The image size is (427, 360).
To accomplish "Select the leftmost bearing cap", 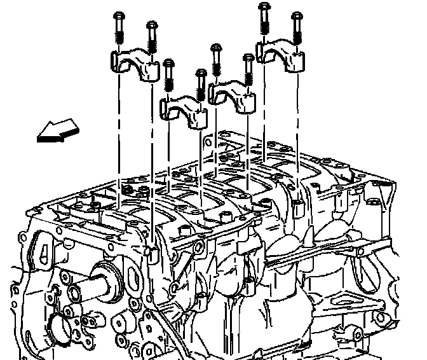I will [x=134, y=64].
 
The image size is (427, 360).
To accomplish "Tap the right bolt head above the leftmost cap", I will [x=152, y=26].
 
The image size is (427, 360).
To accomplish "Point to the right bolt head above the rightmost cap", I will [x=295, y=15].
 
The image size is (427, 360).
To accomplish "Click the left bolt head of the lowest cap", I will [x=168, y=64].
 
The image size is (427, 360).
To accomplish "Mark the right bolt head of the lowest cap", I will [x=201, y=74].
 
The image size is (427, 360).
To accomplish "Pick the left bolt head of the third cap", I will [x=216, y=48].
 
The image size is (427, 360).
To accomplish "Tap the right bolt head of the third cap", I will [x=248, y=59].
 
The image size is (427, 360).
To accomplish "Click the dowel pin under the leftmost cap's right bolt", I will [x=152, y=253].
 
